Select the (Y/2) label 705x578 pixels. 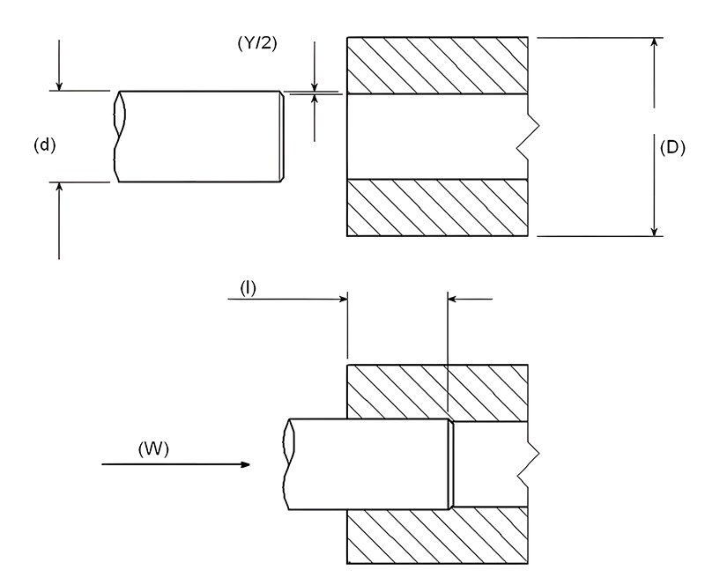258,41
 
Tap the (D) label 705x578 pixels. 672,147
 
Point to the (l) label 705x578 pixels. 248,287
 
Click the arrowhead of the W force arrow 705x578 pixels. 248,464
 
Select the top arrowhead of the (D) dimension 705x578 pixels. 654,44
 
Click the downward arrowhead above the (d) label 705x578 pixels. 59,85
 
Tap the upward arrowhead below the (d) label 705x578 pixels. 59,189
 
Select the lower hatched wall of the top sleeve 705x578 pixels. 438,208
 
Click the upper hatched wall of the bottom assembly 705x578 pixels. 438,390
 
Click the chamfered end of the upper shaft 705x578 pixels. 282,137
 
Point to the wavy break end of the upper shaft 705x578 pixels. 117,137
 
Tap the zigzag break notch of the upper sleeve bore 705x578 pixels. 524,137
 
